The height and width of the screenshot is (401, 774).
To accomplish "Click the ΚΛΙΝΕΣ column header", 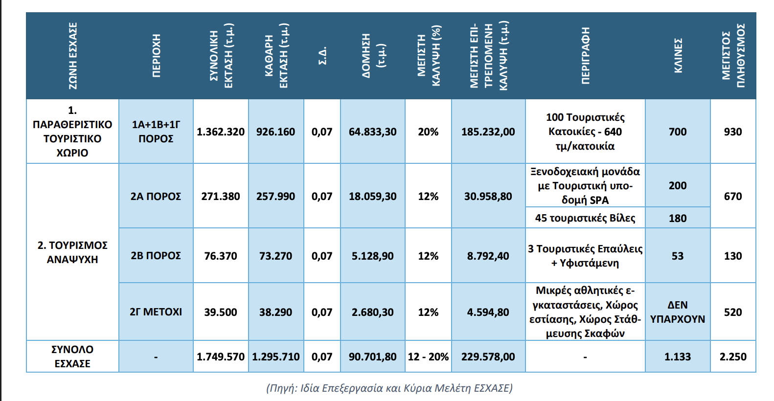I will pos(678,56).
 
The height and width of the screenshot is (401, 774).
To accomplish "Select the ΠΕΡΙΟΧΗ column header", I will pos(156,56).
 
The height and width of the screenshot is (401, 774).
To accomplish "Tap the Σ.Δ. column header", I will pos(322,56).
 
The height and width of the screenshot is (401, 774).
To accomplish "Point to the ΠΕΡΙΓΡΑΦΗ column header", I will pos(585,56).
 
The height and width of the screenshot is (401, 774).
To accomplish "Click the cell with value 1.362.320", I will pos(221,132).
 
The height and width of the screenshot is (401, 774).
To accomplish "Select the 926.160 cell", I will pos(276,132).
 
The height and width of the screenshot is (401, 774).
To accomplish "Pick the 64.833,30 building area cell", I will pos(372,132).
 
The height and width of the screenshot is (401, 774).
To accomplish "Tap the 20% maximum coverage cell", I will pos(428,132).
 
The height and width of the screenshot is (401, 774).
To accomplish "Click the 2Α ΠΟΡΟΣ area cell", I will pos(156,197).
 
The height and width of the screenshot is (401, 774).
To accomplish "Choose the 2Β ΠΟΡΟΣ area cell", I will pos(156,256).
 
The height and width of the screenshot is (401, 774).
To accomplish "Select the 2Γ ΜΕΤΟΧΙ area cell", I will pos(156,312).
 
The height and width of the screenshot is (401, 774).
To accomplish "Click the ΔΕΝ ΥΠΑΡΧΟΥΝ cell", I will pos(678,312).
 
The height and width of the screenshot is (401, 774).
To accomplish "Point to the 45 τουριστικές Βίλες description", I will pos(585,218).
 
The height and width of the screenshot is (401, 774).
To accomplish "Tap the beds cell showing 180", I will pos(678,218).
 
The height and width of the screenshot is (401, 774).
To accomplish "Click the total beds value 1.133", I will pos(678,357).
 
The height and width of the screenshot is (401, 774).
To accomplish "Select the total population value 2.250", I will pos(733,357).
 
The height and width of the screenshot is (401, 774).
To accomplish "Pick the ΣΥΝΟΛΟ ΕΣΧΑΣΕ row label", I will pos(72,356).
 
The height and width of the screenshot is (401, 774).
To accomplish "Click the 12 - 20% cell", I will pos(428,357).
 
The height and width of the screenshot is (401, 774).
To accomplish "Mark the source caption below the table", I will pos(389,388).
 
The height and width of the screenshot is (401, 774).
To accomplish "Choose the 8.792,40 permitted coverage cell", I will pos(488,256).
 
